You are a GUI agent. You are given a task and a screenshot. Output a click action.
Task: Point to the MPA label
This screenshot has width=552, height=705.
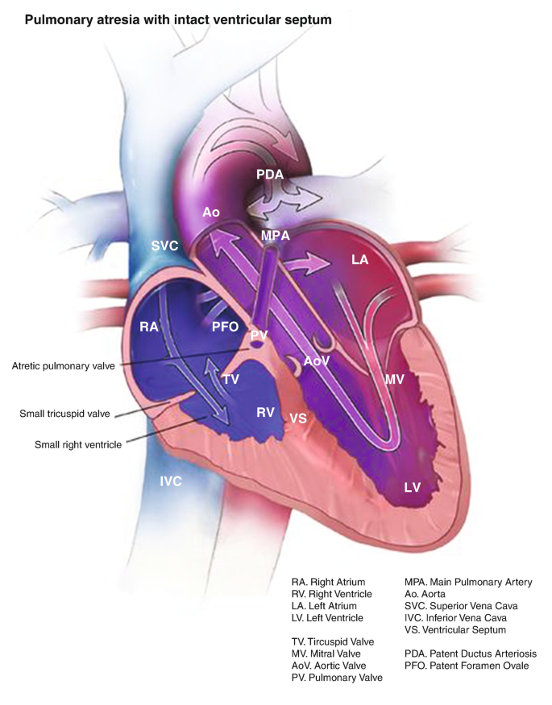[276, 235]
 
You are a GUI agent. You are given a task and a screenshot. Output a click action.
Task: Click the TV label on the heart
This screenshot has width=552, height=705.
[231, 378]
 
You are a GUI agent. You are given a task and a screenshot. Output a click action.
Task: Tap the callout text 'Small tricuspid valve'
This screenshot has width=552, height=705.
[66, 414]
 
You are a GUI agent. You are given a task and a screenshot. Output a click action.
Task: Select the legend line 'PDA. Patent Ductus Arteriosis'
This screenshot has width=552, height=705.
[471, 653]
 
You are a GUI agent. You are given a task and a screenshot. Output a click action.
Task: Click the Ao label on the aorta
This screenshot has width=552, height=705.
[211, 212]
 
